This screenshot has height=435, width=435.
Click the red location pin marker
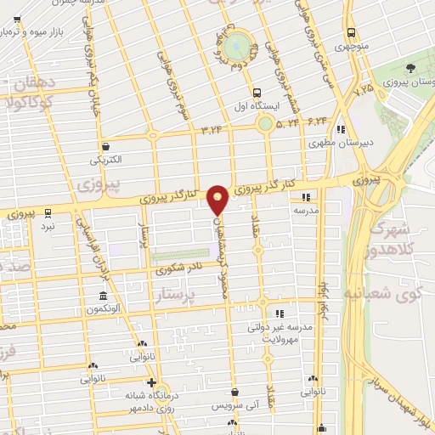[x=217, y=200]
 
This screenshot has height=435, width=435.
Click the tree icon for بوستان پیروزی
[x=411, y=68]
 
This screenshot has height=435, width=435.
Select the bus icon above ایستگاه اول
[x=256, y=92]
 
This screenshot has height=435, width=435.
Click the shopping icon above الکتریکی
[x=105, y=145]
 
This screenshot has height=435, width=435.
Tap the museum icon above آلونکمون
[x=103, y=296]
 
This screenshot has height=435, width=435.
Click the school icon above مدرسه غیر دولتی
[x=279, y=314]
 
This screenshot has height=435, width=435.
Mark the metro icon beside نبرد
[x=48, y=213]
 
